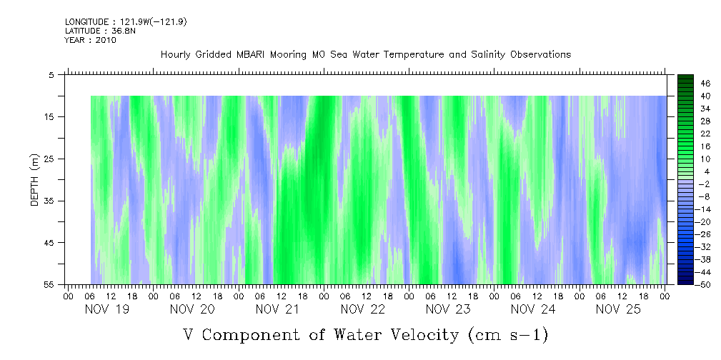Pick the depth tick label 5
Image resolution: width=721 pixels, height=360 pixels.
tap(51, 74)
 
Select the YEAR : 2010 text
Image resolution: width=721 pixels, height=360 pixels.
tap(90, 40)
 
